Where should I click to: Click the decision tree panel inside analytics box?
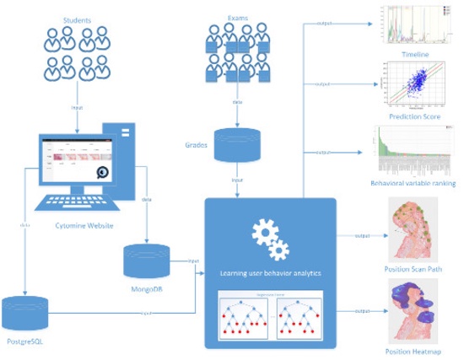pos(271,316)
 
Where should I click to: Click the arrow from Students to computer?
pos(78,108)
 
